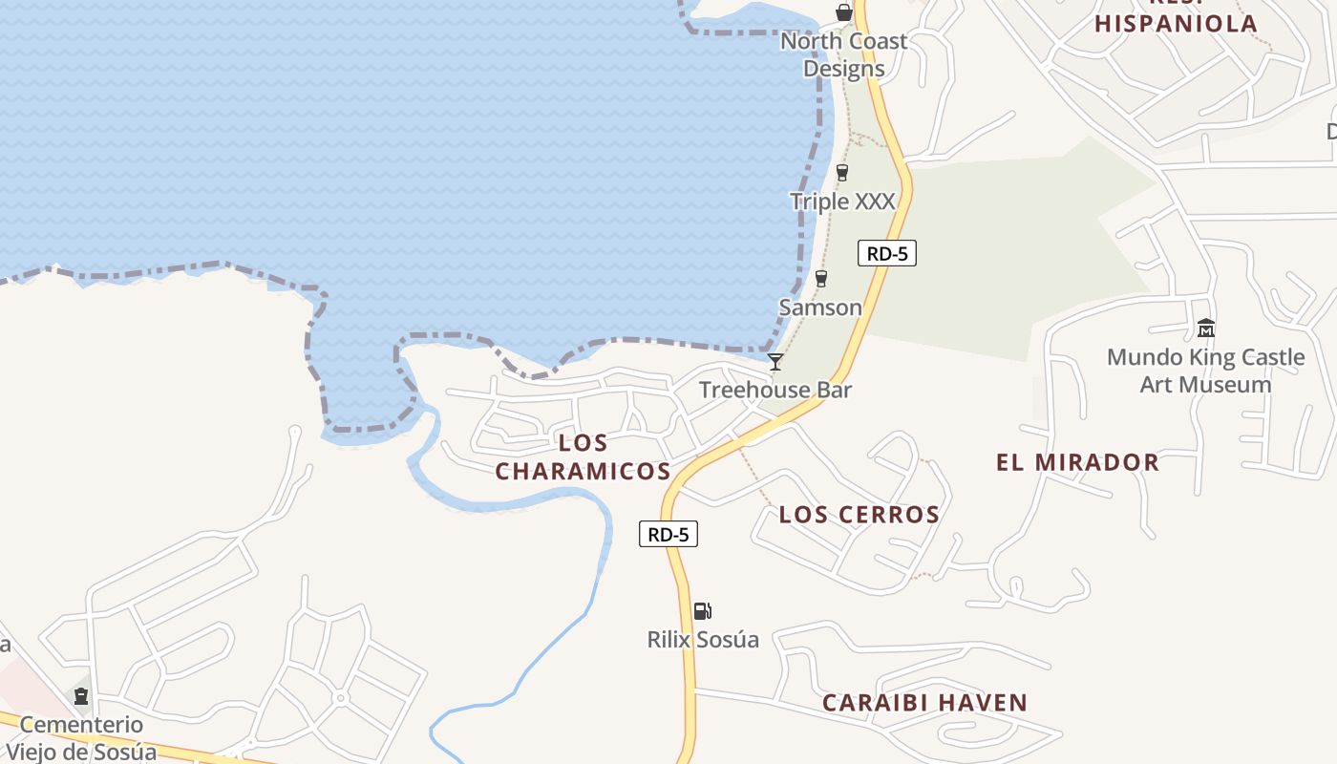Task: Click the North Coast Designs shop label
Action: point(844,54)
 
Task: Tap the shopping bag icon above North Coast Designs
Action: point(843,12)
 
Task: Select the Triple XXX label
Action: point(842,202)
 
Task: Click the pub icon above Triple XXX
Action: point(841,173)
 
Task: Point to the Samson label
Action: point(820,308)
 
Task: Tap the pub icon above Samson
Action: point(820,279)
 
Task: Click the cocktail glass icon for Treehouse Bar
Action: point(775,362)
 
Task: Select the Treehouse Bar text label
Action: point(775,390)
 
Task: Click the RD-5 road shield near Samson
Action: point(886,253)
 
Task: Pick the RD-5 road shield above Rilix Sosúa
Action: point(668,534)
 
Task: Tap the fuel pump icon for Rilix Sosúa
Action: point(702,611)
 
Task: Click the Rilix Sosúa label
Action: point(703,640)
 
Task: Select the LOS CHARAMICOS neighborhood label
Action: point(583,456)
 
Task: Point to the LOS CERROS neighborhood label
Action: point(859,515)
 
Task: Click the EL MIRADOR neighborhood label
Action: point(1077,463)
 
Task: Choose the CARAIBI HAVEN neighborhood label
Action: point(924,703)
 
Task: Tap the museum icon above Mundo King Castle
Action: point(1205,329)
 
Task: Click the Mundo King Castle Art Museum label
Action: point(1205,371)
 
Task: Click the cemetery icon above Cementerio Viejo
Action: point(81,695)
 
